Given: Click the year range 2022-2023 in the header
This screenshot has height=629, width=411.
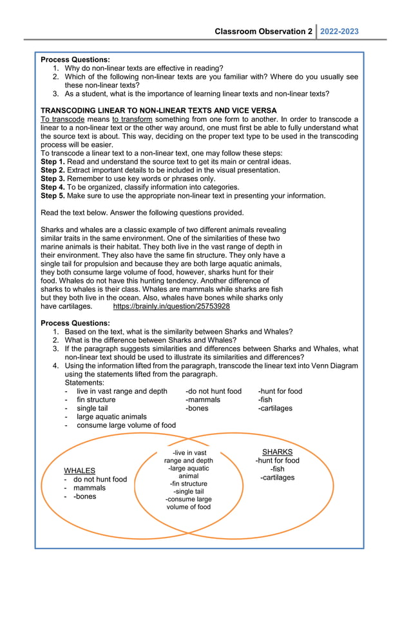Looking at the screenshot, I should (339, 32).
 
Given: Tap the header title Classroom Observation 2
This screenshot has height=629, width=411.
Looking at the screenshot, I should (263, 32).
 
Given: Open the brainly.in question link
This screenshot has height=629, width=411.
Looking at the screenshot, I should (171, 306).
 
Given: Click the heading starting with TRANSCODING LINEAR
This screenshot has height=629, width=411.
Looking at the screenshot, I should (158, 110).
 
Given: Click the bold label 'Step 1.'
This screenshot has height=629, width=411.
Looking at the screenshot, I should (53, 162).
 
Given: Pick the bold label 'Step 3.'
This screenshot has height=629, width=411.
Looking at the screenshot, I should (53, 179).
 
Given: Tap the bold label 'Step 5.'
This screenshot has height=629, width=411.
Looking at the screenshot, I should (53, 195).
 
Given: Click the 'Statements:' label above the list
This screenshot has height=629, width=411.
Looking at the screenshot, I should (84, 383).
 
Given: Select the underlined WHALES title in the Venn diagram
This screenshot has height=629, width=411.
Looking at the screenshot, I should (80, 470).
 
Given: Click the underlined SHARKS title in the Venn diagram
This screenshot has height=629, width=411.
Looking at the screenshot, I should (277, 452).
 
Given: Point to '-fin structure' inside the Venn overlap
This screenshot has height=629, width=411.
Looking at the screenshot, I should (188, 483).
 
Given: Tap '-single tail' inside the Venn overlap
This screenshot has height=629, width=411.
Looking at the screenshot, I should (188, 492).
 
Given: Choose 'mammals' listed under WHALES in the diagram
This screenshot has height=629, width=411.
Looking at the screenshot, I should (90, 488).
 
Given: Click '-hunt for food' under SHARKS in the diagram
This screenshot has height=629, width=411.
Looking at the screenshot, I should (277, 461).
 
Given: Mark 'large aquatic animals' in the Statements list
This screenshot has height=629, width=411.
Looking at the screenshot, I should (111, 416).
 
